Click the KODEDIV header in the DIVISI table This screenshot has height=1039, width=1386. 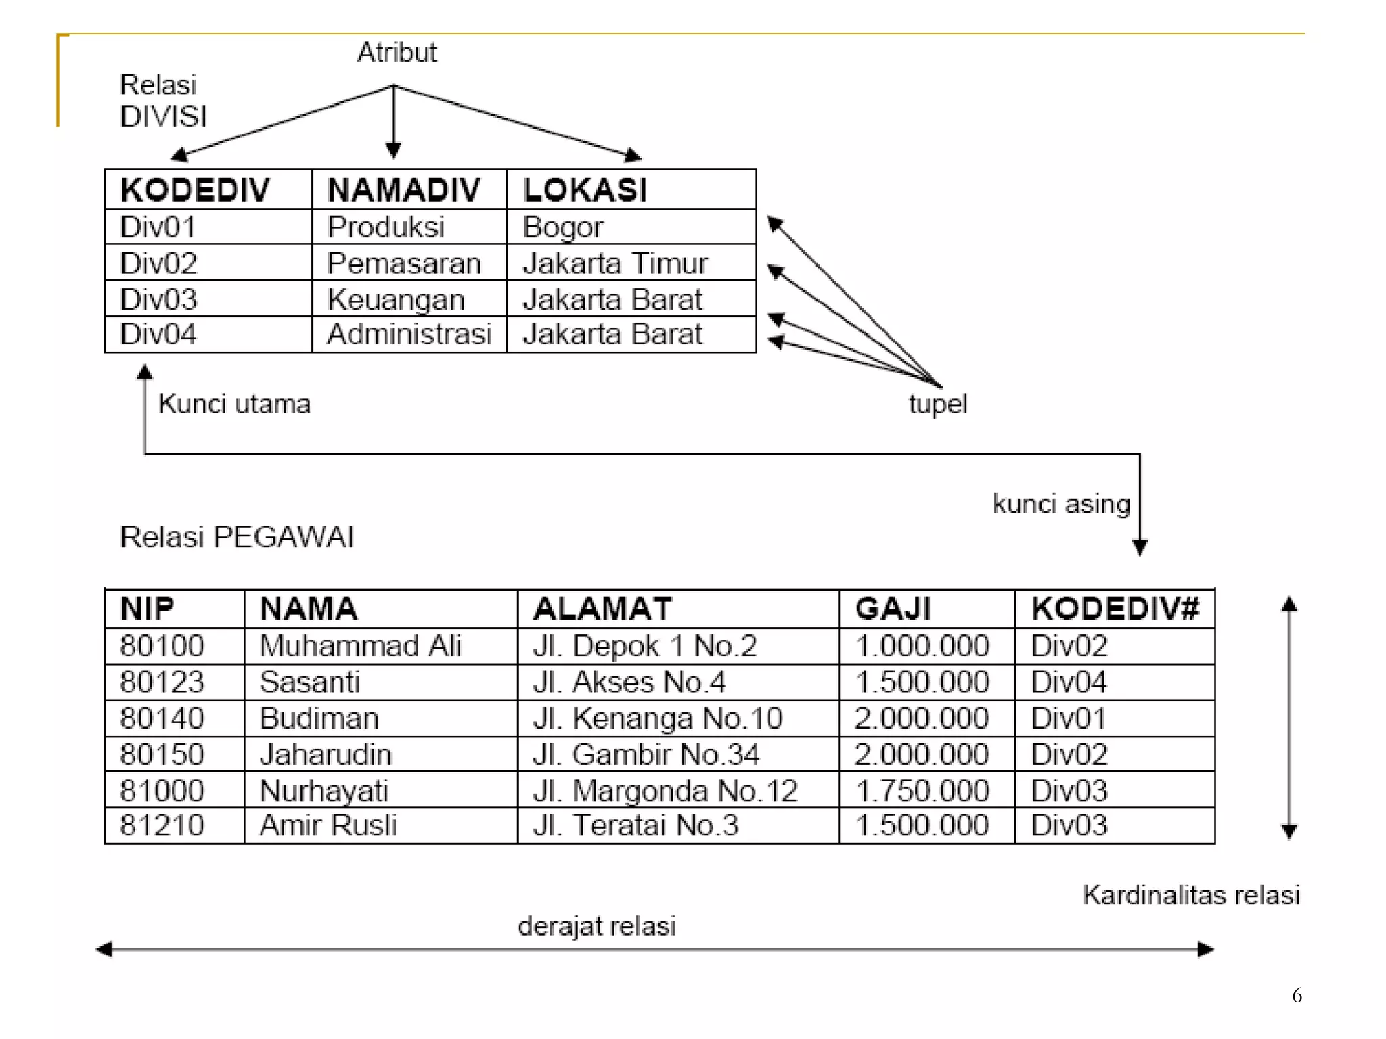pos(195,190)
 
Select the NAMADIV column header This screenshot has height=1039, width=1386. pos(404,190)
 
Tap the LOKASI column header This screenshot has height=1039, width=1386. pos(585,190)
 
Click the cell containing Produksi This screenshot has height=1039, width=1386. pos(386,227)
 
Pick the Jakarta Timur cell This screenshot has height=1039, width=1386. pos(615,263)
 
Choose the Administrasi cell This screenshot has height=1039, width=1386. pos(409,334)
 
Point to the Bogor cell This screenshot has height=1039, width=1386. pos(562,227)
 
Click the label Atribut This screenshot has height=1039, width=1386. pos(397,52)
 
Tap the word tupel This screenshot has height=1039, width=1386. pos(937,405)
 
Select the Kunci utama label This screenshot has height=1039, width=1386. pos(234,404)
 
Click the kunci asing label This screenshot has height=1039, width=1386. pos(1061,504)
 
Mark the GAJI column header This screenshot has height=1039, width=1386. pos(893,609)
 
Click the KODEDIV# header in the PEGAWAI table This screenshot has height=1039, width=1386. pos(1115,609)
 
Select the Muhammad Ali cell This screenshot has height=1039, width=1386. pos(360,646)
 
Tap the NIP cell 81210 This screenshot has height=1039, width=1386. pos(162,825)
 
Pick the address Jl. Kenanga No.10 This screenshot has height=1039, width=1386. pos(657,718)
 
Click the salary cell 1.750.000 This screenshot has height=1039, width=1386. pos(922,791)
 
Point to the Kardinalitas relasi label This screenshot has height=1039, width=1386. pos(1191,895)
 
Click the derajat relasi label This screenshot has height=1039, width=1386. pos(596,926)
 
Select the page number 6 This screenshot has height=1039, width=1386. pos(1297,996)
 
